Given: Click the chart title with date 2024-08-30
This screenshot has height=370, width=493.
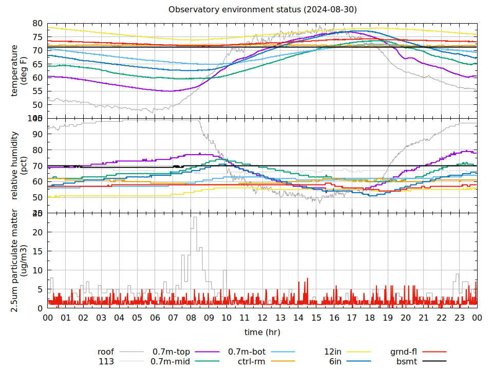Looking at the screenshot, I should tap(262, 10).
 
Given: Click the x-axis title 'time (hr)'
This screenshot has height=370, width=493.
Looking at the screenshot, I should tap(262, 332).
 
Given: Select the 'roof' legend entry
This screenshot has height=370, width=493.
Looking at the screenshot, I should tap(106, 352).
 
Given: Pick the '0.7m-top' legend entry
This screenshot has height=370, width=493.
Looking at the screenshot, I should tap(171, 352).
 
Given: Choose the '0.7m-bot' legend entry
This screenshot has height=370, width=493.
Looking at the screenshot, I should tap(246, 352).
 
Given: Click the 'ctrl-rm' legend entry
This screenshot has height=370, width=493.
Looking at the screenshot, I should tap(252, 361).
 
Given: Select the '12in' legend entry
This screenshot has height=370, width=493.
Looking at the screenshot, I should tap(333, 352).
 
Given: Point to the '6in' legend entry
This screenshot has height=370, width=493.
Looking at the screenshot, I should tap(335, 361).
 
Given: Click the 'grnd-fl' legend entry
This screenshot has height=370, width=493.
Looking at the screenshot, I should tap(404, 352).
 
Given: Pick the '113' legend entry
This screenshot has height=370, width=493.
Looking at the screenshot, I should tap(106, 361).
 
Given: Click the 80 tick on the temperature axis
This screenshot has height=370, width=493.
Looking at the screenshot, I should tap(37, 23).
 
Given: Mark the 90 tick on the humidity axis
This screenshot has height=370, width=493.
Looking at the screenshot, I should tap(37, 134).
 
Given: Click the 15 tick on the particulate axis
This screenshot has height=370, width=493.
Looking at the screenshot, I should tap(37, 251).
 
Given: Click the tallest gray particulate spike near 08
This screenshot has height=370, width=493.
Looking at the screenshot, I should tap(195, 218).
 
